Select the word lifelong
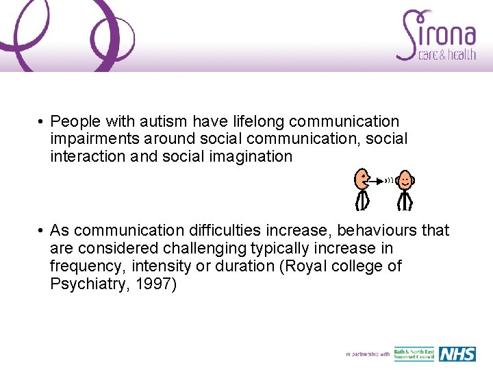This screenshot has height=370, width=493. point(255,122)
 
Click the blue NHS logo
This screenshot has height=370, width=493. point(457,354)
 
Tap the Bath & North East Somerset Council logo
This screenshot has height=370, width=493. point(414,354)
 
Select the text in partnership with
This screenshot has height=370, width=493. point(368,354)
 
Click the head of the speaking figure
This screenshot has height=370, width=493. point(361,180)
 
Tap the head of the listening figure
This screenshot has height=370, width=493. point(406,180)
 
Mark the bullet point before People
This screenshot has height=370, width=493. point(42,122)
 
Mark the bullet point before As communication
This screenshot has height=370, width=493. point(42,230)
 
